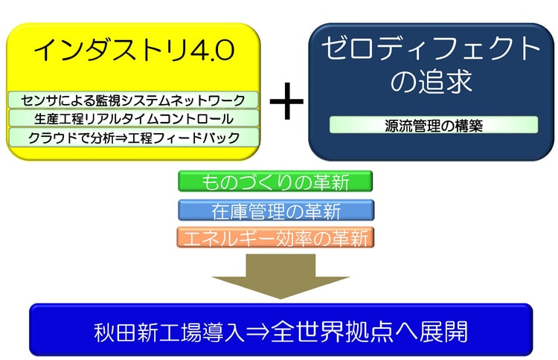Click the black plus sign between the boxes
point(287,101)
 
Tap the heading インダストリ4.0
point(134,50)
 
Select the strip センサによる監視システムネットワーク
point(133,100)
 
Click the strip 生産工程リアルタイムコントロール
point(133,118)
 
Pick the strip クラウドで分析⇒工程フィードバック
point(133,138)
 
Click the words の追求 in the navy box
point(431,81)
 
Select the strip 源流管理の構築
point(434,125)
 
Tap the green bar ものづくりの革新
point(275,181)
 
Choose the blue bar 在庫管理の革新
point(276,210)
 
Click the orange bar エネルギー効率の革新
point(275,237)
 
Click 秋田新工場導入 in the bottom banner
point(170,332)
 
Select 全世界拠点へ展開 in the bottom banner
point(369,332)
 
